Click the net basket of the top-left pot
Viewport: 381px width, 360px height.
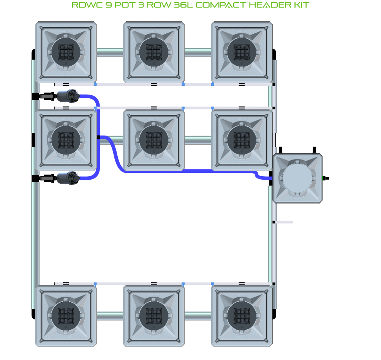point(66,52)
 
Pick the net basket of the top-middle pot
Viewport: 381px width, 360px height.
point(154,52)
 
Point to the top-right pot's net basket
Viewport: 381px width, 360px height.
point(242,52)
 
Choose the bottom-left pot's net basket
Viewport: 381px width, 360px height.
point(66,316)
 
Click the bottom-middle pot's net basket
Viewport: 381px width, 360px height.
point(154,316)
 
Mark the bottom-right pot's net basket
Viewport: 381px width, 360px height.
point(242,316)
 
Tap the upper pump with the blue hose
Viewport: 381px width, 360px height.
point(68,96)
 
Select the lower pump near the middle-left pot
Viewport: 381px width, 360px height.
point(68,178)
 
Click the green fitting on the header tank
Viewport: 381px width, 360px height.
point(325,178)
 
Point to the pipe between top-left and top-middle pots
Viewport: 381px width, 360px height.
point(110,52)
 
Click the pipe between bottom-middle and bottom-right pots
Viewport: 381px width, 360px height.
point(198,316)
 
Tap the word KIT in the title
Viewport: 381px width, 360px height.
point(301,5)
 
